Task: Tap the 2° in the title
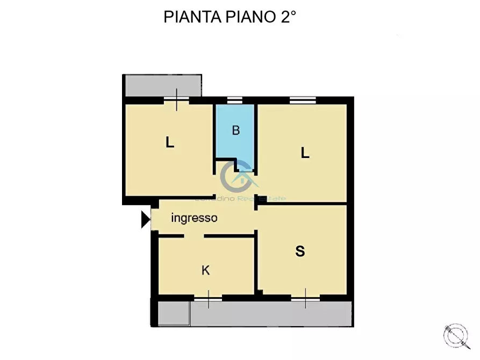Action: click(x=287, y=17)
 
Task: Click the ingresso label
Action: click(x=194, y=218)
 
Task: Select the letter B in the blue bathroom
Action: click(x=235, y=131)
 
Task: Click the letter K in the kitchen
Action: click(x=205, y=270)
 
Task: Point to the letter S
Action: click(x=300, y=251)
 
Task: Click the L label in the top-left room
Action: click(x=170, y=143)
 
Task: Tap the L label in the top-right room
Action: click(x=305, y=153)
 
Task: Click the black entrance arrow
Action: click(x=145, y=219)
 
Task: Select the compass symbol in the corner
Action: click(x=455, y=335)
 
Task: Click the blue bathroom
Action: click(x=235, y=142)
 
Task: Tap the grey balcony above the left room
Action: click(x=162, y=85)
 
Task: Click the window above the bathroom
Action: click(x=234, y=100)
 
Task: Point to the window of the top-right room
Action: click(x=302, y=100)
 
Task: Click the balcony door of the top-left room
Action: click(x=177, y=100)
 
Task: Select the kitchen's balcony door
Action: click(x=208, y=297)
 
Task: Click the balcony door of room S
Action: click(x=305, y=297)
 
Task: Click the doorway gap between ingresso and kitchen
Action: click(x=194, y=236)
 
